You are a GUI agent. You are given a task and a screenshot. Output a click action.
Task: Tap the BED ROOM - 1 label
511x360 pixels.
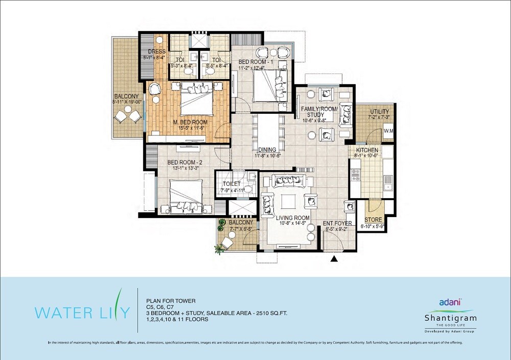coord(257,62)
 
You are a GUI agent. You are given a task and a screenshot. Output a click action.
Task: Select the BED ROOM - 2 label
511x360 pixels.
coord(187,163)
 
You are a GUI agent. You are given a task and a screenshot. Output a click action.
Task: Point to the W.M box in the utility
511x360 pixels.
coord(389,131)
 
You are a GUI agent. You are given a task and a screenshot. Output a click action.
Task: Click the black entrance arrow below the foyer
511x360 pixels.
coord(335,259)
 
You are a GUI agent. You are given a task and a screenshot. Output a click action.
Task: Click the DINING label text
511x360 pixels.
coord(267,150)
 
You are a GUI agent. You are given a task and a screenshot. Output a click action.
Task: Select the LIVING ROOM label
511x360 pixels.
coord(293,218)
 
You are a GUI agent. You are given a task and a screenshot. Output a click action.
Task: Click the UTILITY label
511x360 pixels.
coord(379,112)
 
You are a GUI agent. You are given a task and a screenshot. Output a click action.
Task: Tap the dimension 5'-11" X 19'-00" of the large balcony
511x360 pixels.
coord(127,102)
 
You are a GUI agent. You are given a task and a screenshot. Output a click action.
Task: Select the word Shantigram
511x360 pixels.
coord(450,318)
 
